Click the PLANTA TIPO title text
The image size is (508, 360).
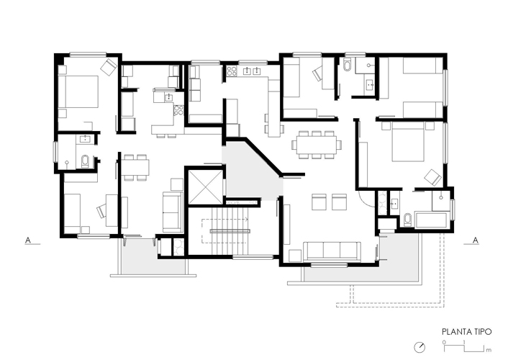466,332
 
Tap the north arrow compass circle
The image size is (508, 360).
419,347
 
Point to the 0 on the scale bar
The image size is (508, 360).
444,342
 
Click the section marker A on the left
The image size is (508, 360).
28,240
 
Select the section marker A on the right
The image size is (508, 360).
476,240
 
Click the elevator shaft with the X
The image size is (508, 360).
205,187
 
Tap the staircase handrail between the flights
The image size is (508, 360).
230,231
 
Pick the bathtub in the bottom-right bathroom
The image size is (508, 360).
431,220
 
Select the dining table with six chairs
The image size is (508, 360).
316,145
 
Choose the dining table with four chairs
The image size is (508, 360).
135,167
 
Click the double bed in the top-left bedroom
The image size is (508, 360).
78,91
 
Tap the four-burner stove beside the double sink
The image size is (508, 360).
232,71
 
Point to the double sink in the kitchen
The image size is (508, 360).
252,71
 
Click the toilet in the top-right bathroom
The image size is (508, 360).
347,65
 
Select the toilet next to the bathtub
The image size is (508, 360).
407,220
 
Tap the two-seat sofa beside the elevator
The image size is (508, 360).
172,212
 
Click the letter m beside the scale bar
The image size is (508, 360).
489,350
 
